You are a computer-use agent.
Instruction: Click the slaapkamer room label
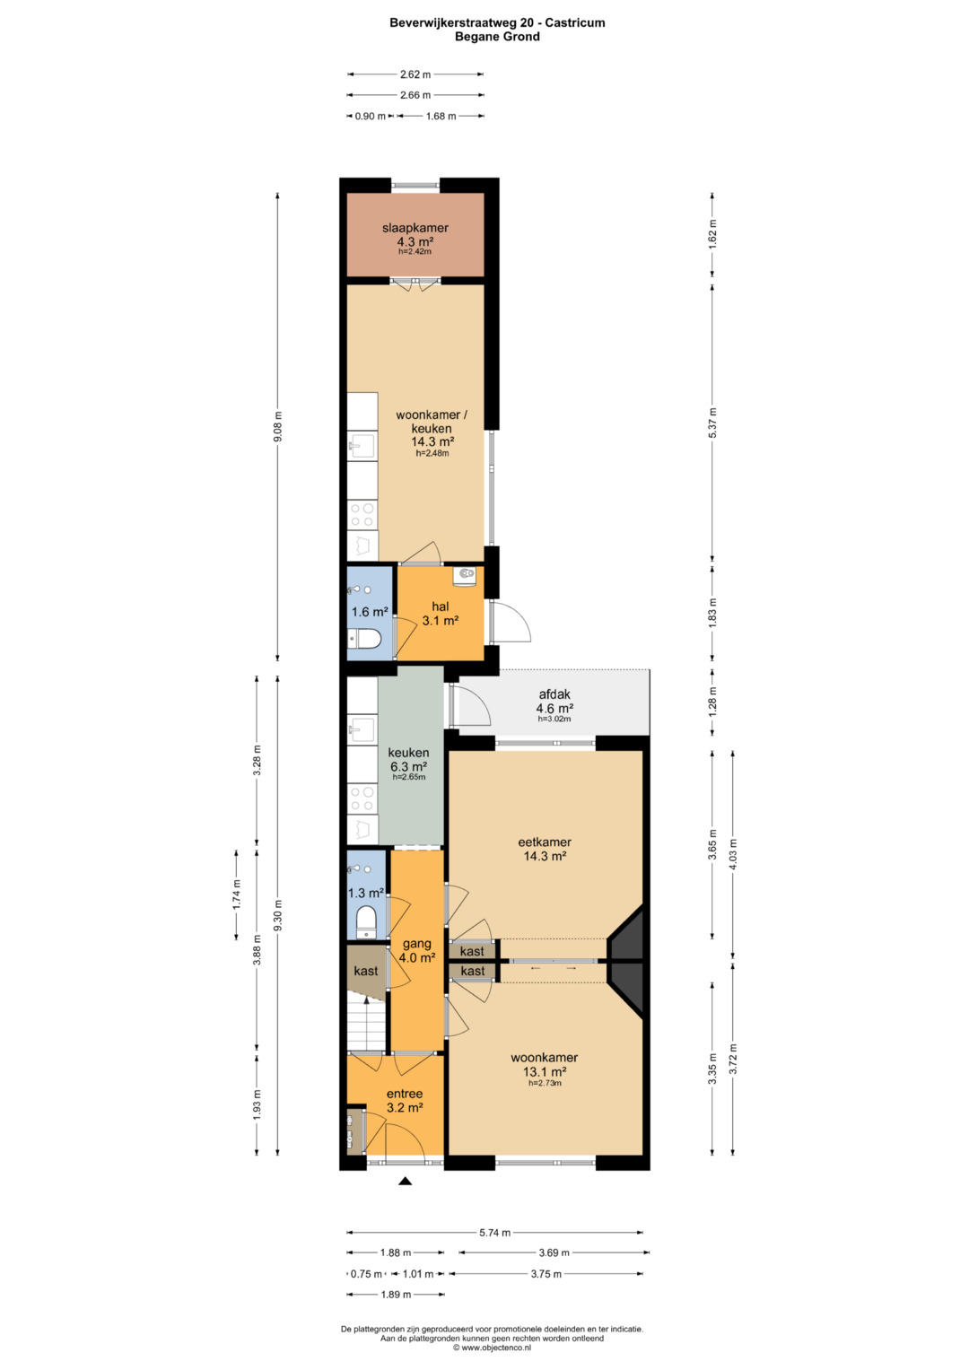[x=415, y=228]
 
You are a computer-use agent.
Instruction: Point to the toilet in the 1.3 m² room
[x=366, y=921]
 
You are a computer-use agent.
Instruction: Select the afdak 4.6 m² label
[x=554, y=701]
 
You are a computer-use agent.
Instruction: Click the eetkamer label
[x=545, y=842]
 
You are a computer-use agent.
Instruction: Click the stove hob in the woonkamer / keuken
[x=362, y=515]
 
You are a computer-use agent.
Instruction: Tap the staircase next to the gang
[x=366, y=1019]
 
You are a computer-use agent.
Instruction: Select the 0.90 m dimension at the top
[x=370, y=117]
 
